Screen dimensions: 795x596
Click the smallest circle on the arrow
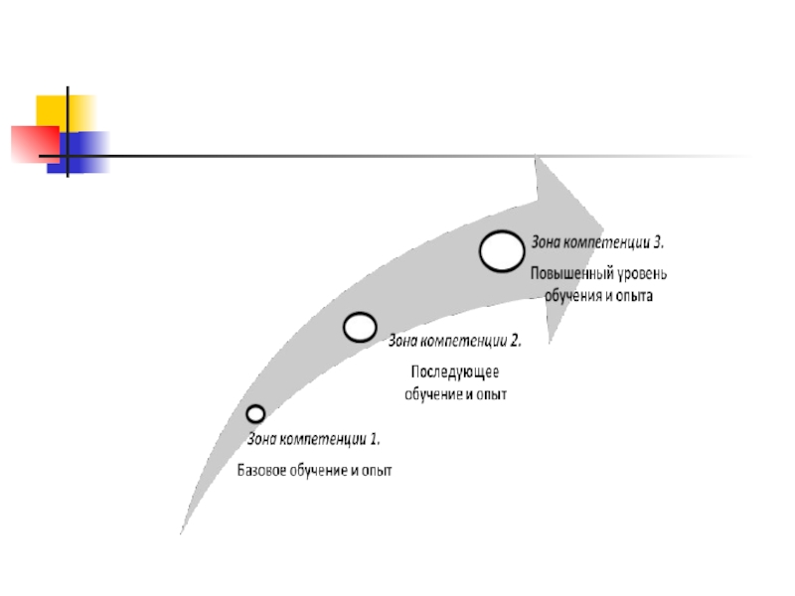(x=255, y=413)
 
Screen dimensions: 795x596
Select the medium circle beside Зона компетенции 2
(x=360, y=327)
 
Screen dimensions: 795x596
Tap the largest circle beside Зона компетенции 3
(x=502, y=250)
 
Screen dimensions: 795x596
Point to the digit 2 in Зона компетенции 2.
(x=516, y=340)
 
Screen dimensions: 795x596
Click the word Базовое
(x=262, y=470)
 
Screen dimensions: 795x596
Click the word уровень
(x=640, y=273)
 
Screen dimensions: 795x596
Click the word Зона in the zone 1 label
(x=261, y=437)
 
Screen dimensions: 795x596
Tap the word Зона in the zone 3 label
(x=547, y=241)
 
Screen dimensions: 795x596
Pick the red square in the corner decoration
(x=33, y=142)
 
